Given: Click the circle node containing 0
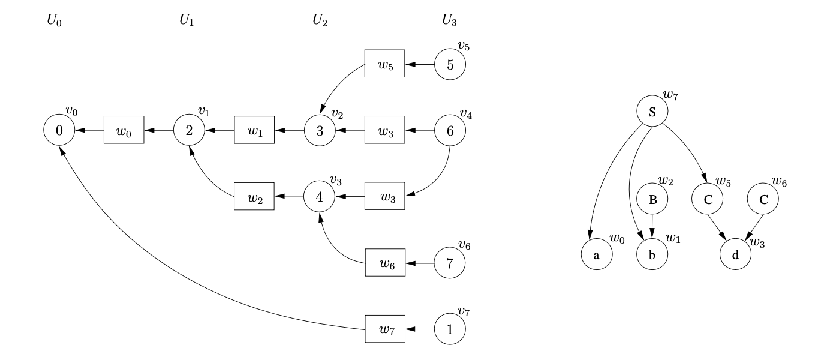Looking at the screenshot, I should [x=59, y=130].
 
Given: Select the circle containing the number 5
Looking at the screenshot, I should [x=450, y=64].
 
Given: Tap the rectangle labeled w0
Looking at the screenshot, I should [x=124, y=130].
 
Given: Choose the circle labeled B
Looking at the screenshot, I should [x=652, y=200].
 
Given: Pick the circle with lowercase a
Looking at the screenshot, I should [x=596, y=254].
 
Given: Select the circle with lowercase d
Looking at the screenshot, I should [x=735, y=254].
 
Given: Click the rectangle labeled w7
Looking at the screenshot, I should [x=385, y=329].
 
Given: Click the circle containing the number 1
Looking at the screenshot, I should [x=450, y=329].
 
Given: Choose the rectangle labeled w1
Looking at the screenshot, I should [x=254, y=130].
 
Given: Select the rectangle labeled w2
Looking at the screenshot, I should [x=254, y=196].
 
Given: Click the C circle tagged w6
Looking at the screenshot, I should [x=763, y=200].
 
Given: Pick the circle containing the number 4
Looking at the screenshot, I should [x=320, y=196].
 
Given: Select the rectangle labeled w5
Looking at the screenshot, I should [x=385, y=64].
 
